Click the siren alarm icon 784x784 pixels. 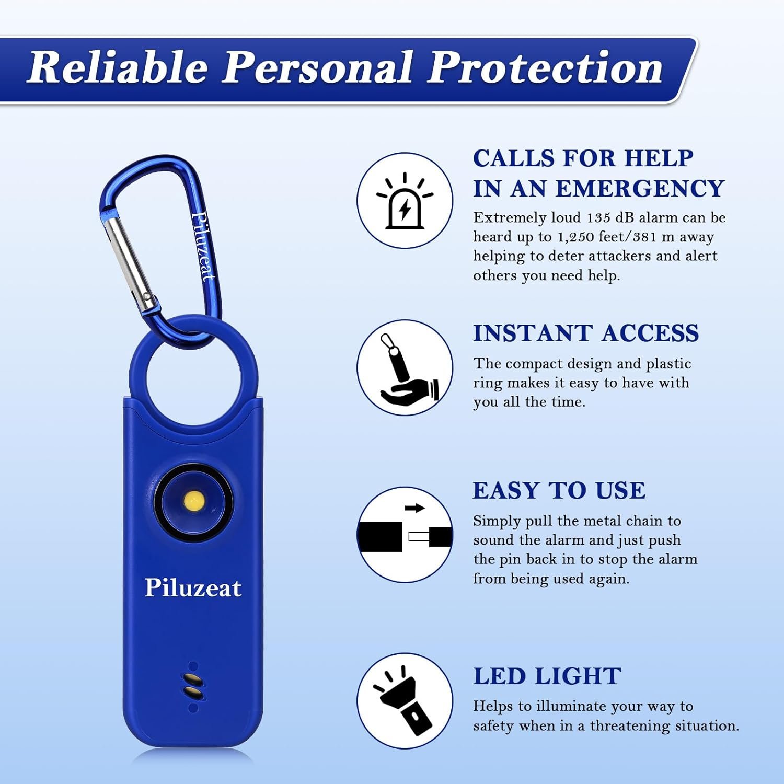(x=405, y=201)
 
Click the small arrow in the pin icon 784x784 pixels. (x=415, y=508)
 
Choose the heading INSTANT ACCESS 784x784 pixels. (x=586, y=333)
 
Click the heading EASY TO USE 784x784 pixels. (x=559, y=491)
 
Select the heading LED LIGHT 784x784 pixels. (x=547, y=676)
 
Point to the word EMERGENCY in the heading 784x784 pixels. (x=640, y=189)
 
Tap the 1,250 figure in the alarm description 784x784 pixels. (x=575, y=237)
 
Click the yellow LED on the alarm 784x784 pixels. (x=194, y=501)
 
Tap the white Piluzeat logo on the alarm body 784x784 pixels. (x=193, y=588)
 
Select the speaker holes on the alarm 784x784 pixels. (x=193, y=686)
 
